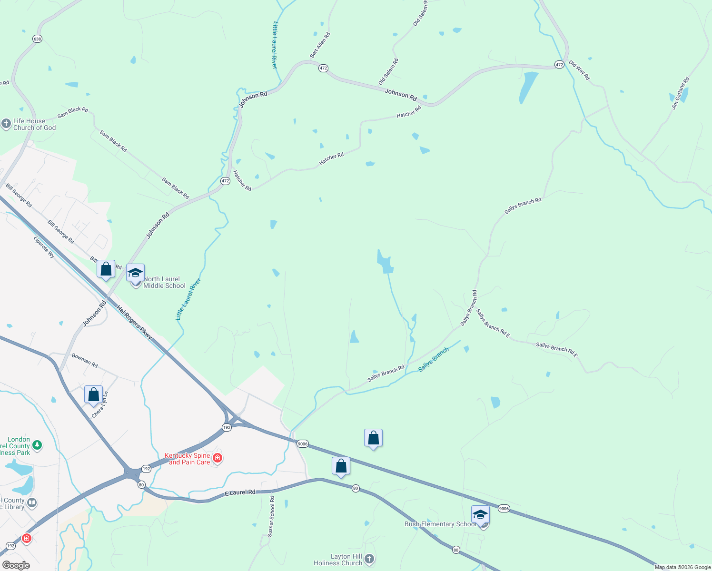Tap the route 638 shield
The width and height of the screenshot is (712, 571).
click(38, 39)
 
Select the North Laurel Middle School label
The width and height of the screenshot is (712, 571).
click(164, 282)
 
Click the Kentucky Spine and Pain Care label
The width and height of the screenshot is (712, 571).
click(188, 459)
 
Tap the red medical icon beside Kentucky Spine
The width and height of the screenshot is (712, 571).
click(218, 458)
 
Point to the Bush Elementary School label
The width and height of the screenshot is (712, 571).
click(440, 524)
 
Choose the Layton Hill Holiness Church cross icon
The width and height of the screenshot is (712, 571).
click(369, 559)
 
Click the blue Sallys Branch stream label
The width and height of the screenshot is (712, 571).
click(433, 359)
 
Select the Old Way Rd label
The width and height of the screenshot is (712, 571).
click(579, 70)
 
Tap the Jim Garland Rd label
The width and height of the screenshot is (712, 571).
click(680, 93)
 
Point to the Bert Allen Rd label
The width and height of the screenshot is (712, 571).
click(320, 45)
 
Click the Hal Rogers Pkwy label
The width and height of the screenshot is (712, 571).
click(134, 322)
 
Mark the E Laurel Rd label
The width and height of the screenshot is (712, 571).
click(239, 493)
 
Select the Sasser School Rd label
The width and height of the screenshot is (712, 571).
click(271, 517)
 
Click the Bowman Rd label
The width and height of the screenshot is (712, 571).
click(85, 360)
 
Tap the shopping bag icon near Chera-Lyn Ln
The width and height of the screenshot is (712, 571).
click(93, 395)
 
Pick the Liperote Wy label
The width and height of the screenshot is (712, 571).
click(44, 247)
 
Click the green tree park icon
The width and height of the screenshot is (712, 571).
click(37, 445)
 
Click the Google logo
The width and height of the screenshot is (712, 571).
click(16, 565)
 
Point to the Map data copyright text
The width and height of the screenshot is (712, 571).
click(682, 567)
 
